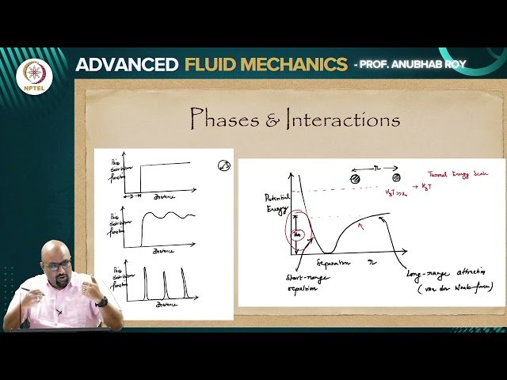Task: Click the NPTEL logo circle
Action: click(x=35, y=75)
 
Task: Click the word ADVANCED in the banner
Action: click(x=124, y=65)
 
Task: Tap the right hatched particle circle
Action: click(x=398, y=179)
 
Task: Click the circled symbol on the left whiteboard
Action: click(x=223, y=165)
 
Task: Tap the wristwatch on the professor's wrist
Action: click(x=102, y=302)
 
